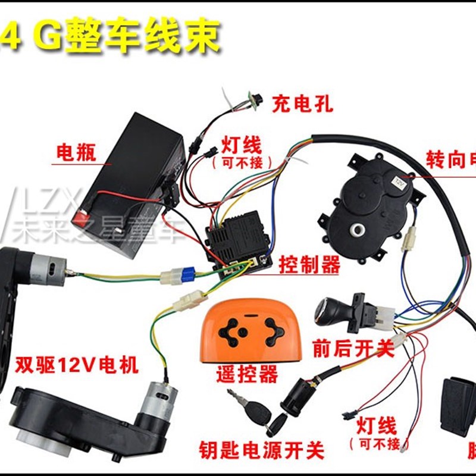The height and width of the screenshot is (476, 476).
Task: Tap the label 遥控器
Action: click(247, 374)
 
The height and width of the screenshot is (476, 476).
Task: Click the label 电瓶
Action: click(75, 152)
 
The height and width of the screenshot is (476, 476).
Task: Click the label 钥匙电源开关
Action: click(261, 451)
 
